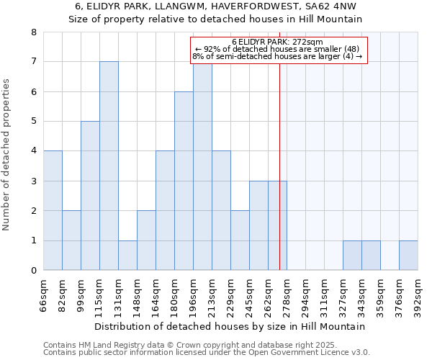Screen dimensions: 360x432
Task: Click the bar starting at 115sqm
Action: pos(109,166)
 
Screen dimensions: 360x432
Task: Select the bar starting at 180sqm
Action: pos(184,181)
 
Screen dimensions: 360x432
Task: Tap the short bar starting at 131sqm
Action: pos(127,255)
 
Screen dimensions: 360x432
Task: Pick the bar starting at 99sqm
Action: pos(90,196)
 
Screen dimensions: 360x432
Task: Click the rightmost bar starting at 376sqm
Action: pos(408,255)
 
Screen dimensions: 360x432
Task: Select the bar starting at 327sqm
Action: pos(352,255)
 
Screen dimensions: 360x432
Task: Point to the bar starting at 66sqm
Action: pos(53,210)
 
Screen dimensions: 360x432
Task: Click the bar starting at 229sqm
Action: pos(240,240)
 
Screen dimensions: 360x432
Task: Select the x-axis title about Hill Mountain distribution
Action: pos(230,326)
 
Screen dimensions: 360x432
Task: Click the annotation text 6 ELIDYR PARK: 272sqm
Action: pos(278,42)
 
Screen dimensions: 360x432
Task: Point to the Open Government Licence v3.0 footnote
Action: pos(207,353)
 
